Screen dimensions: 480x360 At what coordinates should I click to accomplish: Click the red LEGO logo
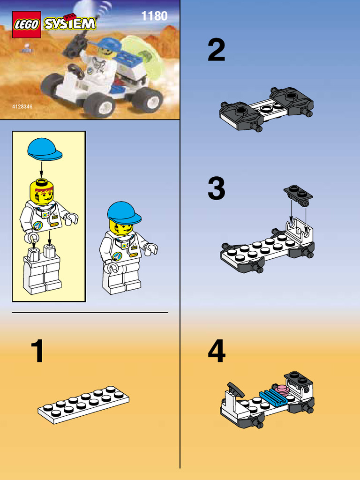[x=26, y=24]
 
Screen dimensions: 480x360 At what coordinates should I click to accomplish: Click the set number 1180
[x=154, y=16]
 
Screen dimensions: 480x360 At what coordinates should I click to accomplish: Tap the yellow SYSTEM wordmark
[x=70, y=23]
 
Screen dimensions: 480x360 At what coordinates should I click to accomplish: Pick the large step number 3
[x=217, y=189]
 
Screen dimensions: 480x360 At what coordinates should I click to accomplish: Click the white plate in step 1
[x=83, y=404]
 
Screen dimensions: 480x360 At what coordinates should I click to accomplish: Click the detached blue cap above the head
[x=44, y=149]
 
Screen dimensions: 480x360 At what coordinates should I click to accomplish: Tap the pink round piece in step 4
[x=282, y=390]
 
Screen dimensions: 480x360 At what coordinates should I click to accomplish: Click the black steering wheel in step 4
[x=235, y=389]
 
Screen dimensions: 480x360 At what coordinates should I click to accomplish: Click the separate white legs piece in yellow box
[x=42, y=272]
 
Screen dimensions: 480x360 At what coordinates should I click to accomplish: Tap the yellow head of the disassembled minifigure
[x=42, y=192]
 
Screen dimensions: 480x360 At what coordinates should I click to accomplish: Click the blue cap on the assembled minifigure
[x=123, y=212]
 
